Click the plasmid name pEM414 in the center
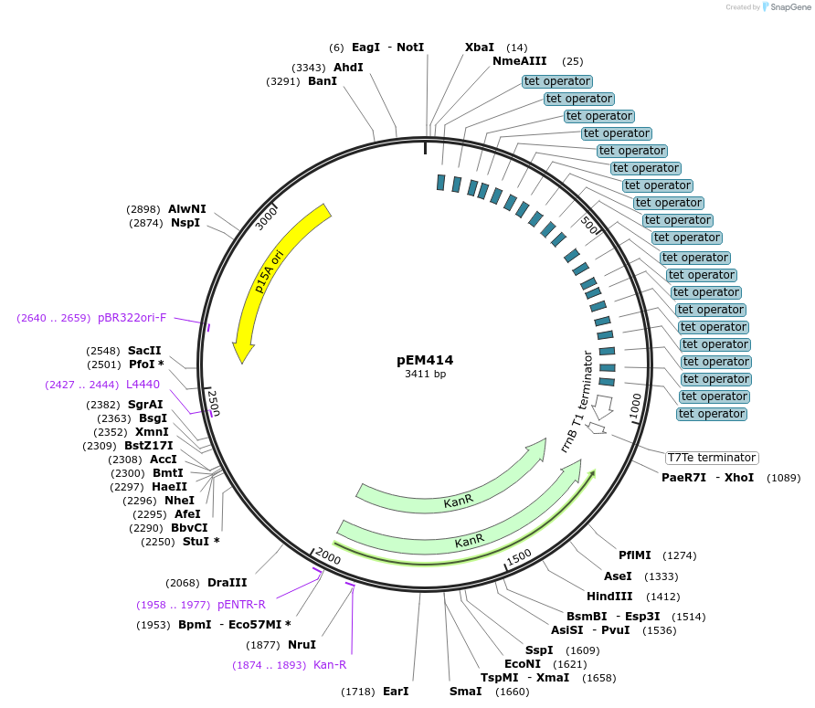(x=425, y=360)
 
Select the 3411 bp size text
(x=425, y=374)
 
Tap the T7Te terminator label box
(x=712, y=458)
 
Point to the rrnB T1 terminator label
(x=577, y=402)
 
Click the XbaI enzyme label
(x=479, y=48)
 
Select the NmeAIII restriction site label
(x=519, y=61)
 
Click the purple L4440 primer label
(x=143, y=385)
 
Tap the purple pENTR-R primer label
(x=241, y=604)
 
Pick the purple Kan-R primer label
(x=330, y=665)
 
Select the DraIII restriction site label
(x=227, y=583)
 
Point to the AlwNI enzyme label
(x=186, y=209)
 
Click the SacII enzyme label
(x=144, y=351)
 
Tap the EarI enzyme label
(x=396, y=692)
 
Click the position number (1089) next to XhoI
(x=783, y=478)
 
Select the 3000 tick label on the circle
(x=266, y=217)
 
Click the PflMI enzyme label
(x=634, y=555)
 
